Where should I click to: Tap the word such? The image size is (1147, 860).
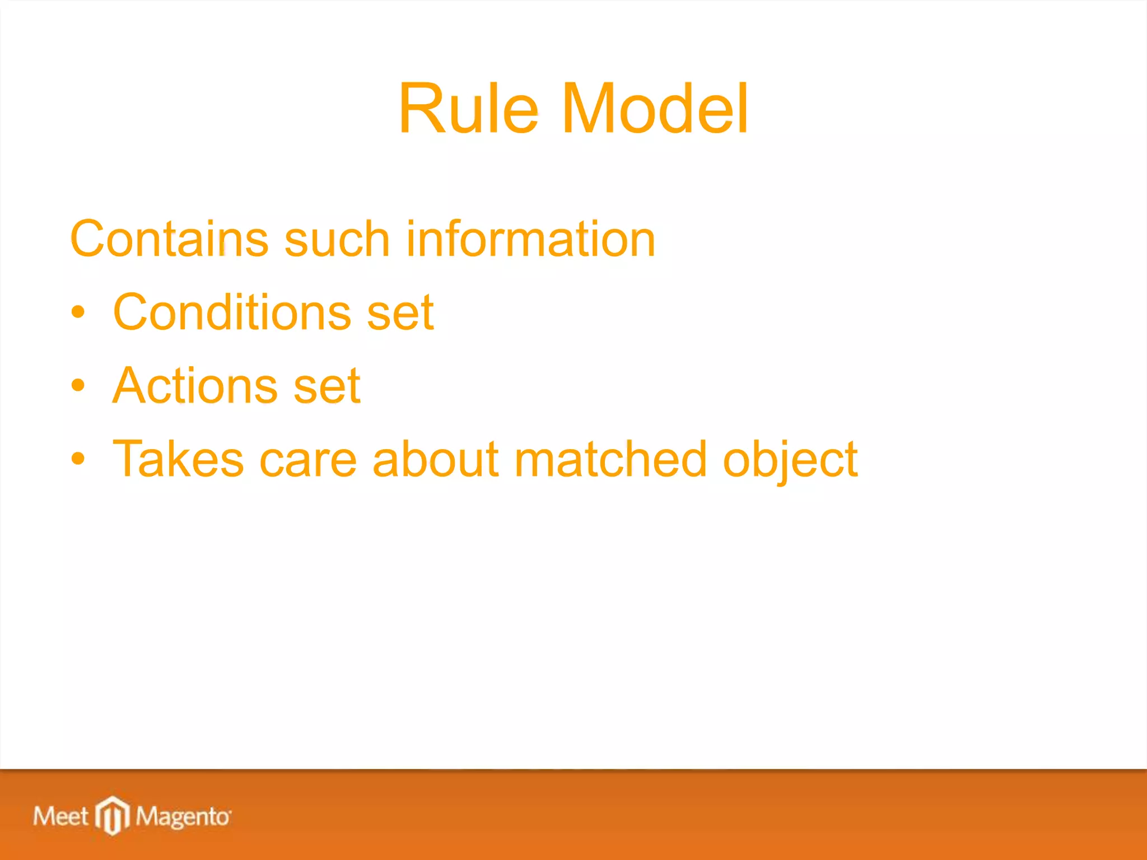coord(337,240)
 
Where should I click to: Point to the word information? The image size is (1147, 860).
coord(530,240)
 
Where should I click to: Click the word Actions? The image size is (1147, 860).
coord(195,386)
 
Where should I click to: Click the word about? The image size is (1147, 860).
coord(435,459)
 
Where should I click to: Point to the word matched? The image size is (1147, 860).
coord(610,459)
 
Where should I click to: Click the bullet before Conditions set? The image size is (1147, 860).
coord(78,313)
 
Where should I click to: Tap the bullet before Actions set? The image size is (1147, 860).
coord(78,386)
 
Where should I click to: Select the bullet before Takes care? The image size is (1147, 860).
coord(78,459)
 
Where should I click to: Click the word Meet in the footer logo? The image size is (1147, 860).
coord(60,816)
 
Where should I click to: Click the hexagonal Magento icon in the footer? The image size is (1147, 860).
coord(113,815)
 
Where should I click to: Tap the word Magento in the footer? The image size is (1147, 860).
coord(182,817)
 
